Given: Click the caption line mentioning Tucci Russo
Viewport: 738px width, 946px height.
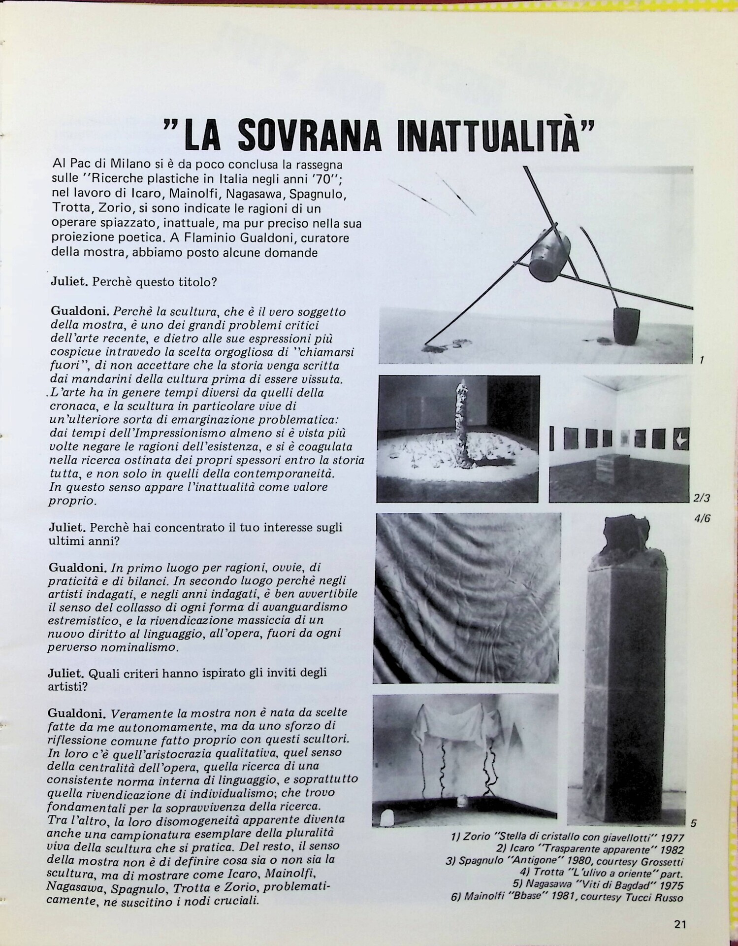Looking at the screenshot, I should coord(567,897).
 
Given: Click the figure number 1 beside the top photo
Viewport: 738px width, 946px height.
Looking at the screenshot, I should coord(701,360).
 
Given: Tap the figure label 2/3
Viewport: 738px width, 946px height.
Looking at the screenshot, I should coord(701,498).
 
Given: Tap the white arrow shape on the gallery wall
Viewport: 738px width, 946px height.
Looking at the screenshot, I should coord(682,439).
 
